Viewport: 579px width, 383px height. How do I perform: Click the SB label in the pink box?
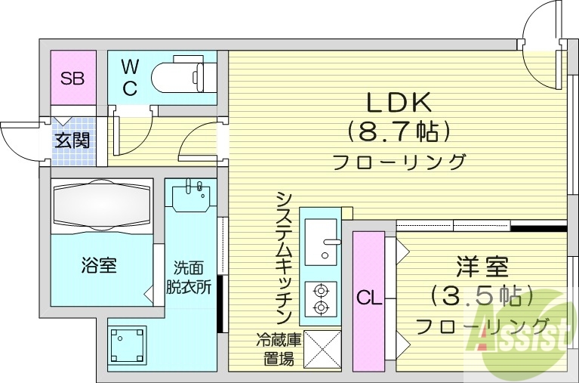(73, 77)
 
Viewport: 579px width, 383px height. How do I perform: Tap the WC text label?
(130, 77)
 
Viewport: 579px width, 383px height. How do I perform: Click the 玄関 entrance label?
(72, 141)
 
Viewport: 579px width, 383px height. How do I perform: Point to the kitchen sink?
(322, 241)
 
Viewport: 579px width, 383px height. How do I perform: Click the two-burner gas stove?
(321, 298)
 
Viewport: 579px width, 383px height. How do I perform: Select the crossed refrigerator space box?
(322, 349)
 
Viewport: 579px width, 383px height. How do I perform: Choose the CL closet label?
(368, 298)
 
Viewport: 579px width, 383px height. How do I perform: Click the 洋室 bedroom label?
(482, 266)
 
